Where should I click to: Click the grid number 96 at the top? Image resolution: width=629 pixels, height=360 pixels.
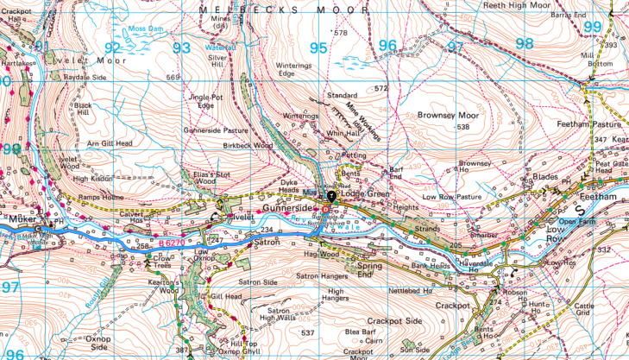(387, 46)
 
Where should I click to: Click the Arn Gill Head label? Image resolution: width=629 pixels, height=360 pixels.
(110, 142)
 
